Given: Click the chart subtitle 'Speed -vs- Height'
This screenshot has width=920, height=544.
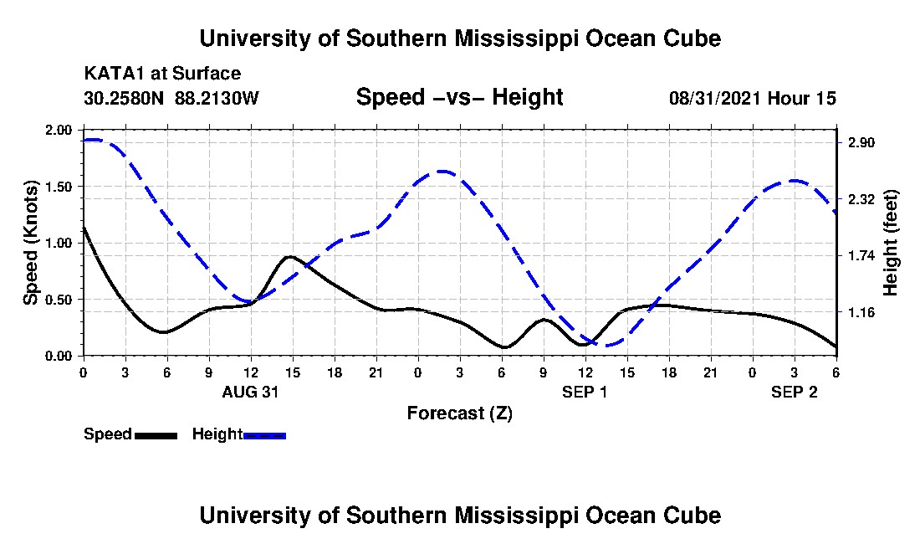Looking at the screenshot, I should pos(459,98).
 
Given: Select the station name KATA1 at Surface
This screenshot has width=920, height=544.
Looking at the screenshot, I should pos(162,74).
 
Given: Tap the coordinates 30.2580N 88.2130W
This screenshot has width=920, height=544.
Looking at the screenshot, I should pos(171,98).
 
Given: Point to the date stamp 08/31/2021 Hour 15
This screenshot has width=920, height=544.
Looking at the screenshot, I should pos(752,98).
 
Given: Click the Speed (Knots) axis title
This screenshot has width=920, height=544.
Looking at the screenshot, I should pos(31,243).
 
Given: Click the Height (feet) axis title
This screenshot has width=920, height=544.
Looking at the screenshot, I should pos(890,243).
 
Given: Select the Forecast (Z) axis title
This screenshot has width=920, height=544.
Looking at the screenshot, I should pos(459,413).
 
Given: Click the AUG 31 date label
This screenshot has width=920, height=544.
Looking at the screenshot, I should pos(250,391).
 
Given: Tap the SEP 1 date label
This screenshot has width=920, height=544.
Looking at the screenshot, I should pos(585,391).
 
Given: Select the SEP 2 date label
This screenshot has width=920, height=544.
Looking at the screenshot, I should pos(794,391).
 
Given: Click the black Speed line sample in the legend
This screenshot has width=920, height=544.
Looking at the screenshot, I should pos(156,435).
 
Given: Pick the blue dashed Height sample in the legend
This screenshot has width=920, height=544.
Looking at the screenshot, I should pos(264,435).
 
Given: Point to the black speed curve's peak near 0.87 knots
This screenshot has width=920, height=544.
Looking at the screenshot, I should pos(289,257).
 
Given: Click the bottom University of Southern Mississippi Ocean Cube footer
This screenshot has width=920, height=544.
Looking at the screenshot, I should pos(459,515).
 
